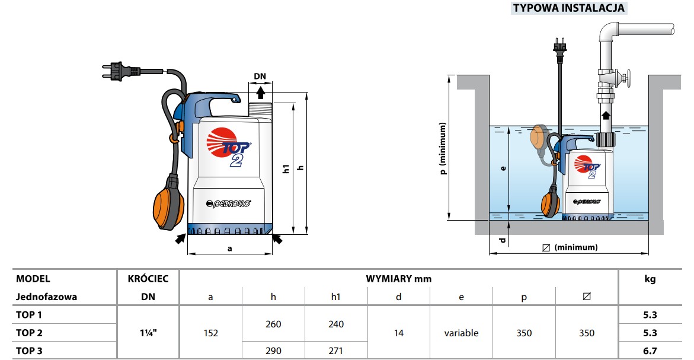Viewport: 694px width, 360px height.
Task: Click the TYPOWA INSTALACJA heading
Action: [x=569, y=8]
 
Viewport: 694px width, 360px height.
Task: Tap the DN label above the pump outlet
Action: [x=260, y=76]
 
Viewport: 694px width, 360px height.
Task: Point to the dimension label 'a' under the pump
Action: [x=230, y=249]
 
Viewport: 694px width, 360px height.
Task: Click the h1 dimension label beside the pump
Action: [x=286, y=168]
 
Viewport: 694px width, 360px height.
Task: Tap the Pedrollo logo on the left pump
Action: [x=228, y=203]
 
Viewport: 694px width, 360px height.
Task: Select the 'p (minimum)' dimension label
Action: [x=443, y=148]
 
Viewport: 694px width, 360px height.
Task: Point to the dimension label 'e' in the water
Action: [x=503, y=168]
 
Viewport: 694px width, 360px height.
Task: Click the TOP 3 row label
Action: [x=29, y=351]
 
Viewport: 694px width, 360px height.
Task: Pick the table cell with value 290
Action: [x=273, y=351]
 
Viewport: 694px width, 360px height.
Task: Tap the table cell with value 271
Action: [x=335, y=351]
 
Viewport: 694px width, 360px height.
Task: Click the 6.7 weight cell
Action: [x=650, y=351]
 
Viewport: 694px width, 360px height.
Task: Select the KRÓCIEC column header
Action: [x=148, y=279]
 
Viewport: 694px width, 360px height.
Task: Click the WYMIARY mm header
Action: [x=398, y=279]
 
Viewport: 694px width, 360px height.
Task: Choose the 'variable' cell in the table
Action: [x=461, y=333]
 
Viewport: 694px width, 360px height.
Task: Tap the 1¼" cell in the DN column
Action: [x=148, y=333]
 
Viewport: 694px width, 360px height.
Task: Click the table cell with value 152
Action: [x=210, y=333]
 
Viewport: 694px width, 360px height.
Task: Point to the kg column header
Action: [x=650, y=279]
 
